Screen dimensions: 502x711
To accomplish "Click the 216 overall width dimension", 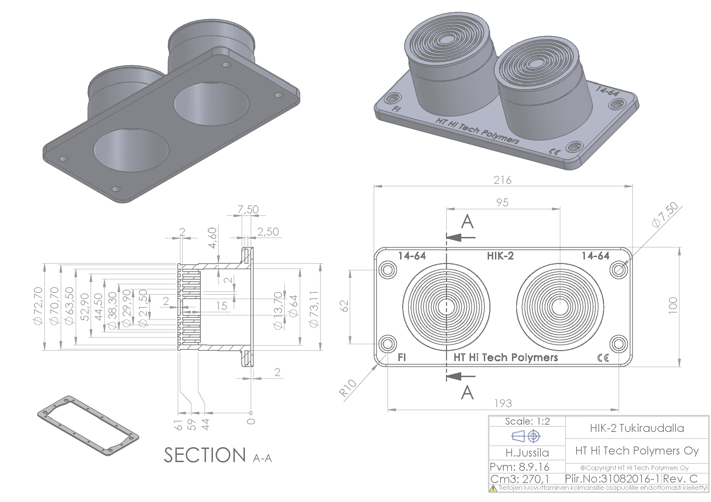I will tap(502, 180).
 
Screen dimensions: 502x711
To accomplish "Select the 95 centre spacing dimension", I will tap(502, 203).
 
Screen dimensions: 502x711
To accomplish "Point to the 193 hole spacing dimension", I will tap(503, 403).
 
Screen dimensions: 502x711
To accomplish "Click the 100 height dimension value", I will tap(673, 306).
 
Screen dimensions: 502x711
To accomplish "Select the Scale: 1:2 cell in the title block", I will tap(527, 422).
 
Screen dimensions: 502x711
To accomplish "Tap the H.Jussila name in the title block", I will tap(527, 453).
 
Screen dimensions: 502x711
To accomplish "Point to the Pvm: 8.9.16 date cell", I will tap(519, 467).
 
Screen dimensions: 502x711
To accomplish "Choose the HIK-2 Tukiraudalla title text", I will tap(637, 428).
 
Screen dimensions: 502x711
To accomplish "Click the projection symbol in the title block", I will tap(526, 436).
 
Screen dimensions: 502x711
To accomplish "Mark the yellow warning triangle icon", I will tap(493, 488).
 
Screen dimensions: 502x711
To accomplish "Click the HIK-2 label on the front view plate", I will tap(500, 256).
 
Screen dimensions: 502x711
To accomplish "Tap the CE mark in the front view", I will tap(603, 358).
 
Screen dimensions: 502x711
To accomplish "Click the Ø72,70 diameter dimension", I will tap(38, 306).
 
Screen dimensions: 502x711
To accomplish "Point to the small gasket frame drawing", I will tap(88, 425).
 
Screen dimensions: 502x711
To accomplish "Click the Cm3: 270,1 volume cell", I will tap(519, 479).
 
